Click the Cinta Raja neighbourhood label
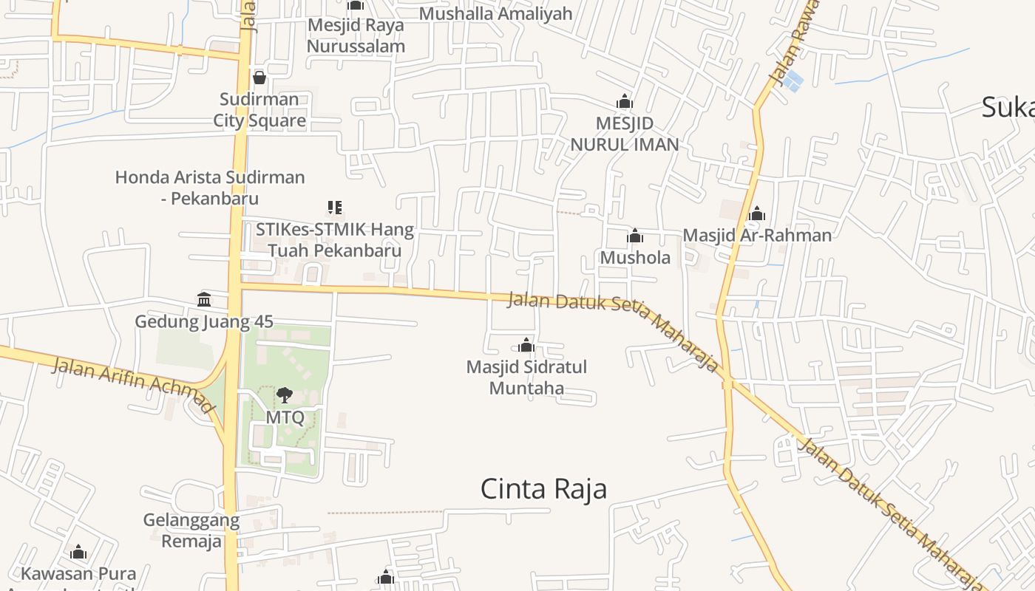[x=543, y=489]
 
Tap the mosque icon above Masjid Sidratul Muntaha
[x=526, y=345]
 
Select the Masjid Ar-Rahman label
[x=757, y=236]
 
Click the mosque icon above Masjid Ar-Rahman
[x=757, y=214]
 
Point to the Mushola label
[x=635, y=258]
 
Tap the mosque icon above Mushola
[x=635, y=236]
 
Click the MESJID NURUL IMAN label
[x=625, y=134]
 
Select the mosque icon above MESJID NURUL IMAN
[x=625, y=101]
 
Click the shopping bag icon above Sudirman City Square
[x=259, y=77]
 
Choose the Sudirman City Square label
[x=259, y=110]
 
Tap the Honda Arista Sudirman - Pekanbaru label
[x=210, y=188]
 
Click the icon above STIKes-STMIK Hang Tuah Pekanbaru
[x=334, y=208]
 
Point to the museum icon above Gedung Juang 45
[x=204, y=299]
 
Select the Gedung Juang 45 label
[x=204, y=322]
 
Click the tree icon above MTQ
[x=285, y=395]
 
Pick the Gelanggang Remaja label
[x=191, y=531]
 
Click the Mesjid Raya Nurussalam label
[x=356, y=35]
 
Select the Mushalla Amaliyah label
[x=496, y=13]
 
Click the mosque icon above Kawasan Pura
[x=78, y=552]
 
